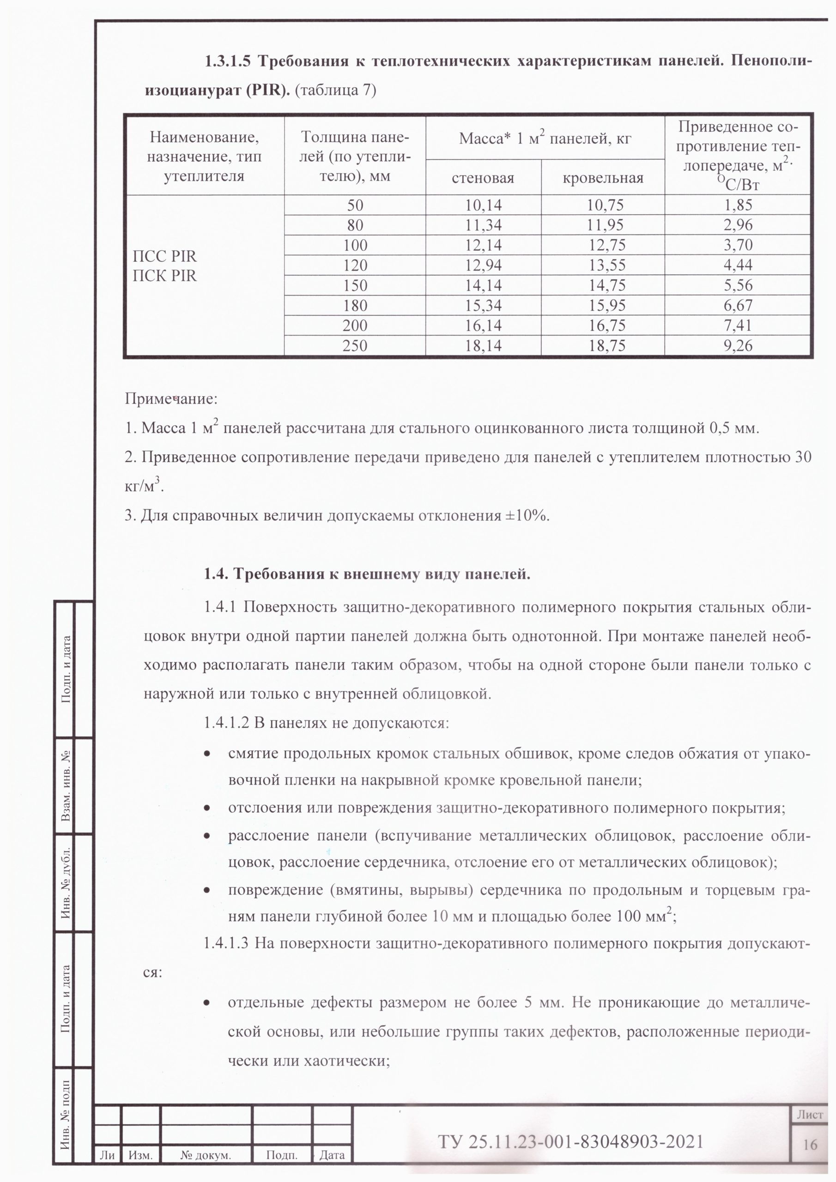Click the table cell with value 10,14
(x=483, y=205)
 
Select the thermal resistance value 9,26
(x=738, y=345)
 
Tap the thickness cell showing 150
(x=355, y=286)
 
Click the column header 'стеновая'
(x=483, y=178)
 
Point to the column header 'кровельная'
(x=603, y=178)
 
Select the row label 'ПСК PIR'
(x=165, y=276)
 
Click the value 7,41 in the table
(x=738, y=326)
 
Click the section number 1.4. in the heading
(x=216, y=574)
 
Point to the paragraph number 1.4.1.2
(x=227, y=723)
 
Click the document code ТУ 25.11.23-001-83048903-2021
(x=570, y=1142)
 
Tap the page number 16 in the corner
(x=810, y=1145)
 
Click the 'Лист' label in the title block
(x=810, y=1115)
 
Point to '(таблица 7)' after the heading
(x=337, y=90)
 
